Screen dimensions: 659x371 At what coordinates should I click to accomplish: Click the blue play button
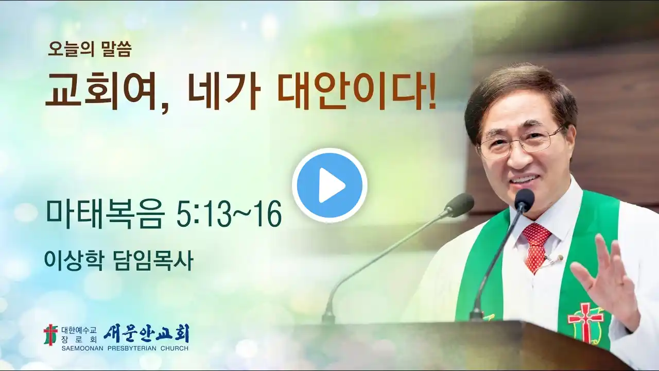[x=329, y=185]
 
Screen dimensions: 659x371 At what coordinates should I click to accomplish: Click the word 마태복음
[x=105, y=214]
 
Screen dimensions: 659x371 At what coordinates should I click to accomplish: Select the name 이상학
[x=74, y=261]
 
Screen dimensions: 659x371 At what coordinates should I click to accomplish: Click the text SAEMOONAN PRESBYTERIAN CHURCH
[x=125, y=349]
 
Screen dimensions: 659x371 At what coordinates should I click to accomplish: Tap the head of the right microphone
[x=524, y=199]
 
